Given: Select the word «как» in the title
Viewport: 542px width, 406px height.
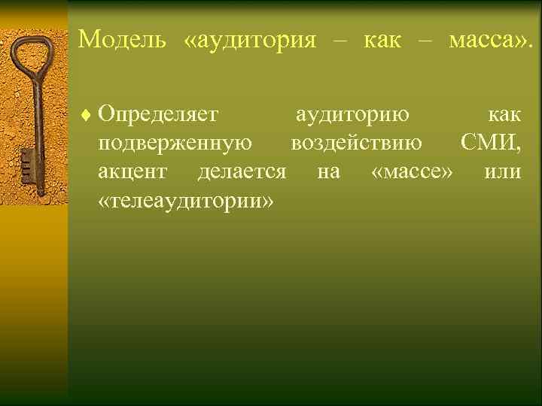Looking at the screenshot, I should (x=382, y=38).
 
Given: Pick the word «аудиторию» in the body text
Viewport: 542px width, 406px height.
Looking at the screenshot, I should (x=352, y=115).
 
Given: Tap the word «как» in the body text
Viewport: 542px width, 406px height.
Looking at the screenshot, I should (x=504, y=115).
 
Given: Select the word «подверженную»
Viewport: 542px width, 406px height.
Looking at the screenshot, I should (x=175, y=144).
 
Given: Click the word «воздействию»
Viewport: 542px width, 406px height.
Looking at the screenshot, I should (x=356, y=144).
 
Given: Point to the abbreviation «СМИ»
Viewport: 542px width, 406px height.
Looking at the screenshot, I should (x=488, y=144).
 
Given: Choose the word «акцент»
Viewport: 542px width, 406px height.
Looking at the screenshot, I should (x=132, y=172).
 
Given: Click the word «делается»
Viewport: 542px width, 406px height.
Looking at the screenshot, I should (x=242, y=172).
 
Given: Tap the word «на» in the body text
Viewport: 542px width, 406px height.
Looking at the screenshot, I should (x=328, y=172).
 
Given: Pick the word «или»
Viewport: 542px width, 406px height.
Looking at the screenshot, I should (x=503, y=172).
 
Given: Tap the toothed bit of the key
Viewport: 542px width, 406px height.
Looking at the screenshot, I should (x=26, y=165).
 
